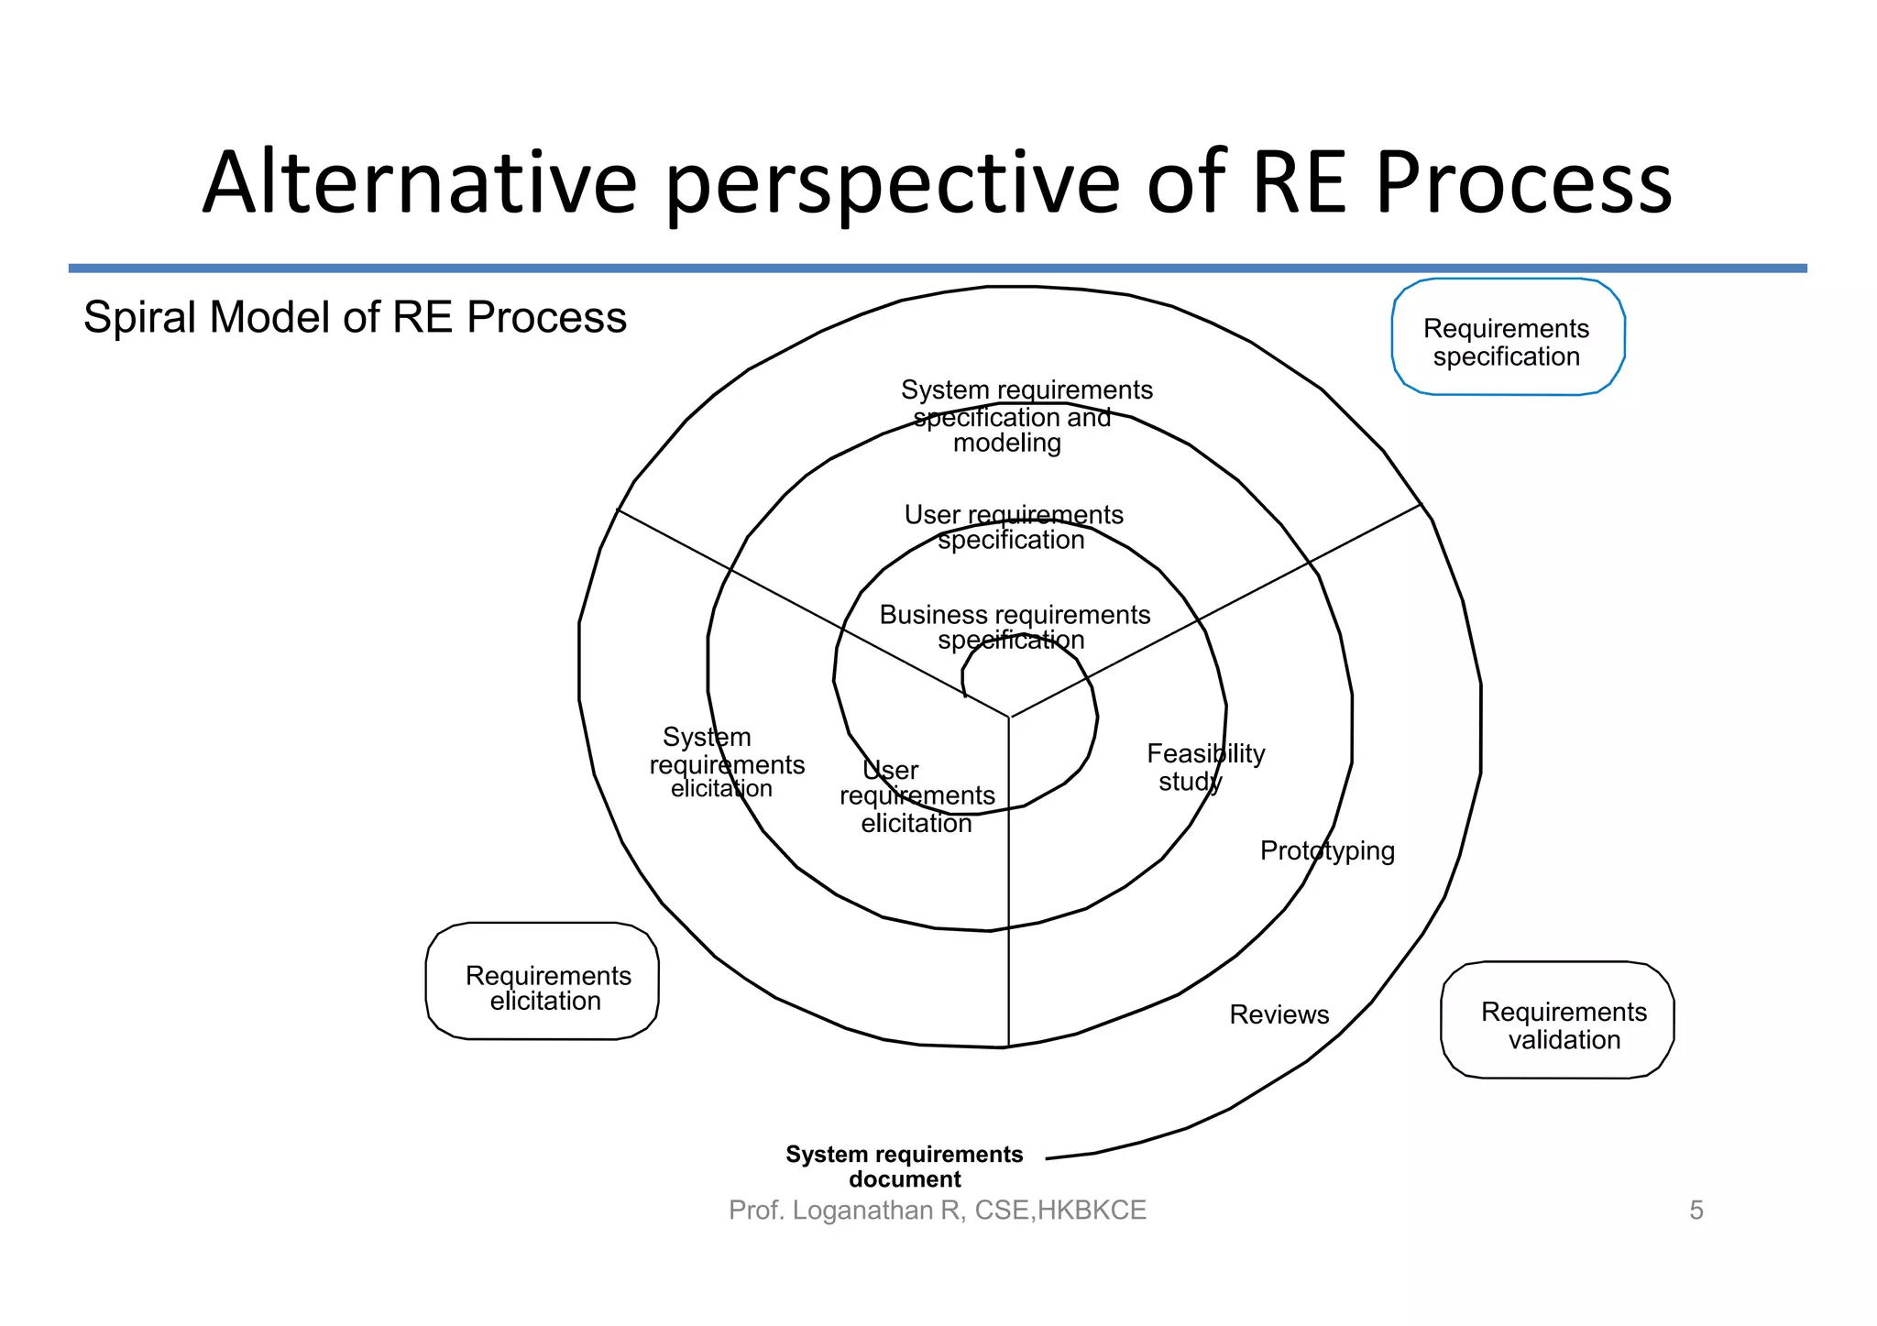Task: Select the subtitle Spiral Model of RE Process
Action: pyautogui.click(x=355, y=317)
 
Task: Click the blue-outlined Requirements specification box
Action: pyautogui.click(x=1508, y=337)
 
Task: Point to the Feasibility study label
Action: pyautogui.click(x=1204, y=767)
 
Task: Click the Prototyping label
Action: pyautogui.click(x=1326, y=850)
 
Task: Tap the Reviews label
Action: pyautogui.click(x=1279, y=1014)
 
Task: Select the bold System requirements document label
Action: pyautogui.click(x=904, y=1167)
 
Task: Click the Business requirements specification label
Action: pyautogui.click(x=1014, y=627)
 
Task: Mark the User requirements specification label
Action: pyautogui.click(x=1013, y=527)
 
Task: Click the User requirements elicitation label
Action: pyautogui.click(x=917, y=796)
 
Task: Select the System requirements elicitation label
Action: pyautogui.click(x=725, y=762)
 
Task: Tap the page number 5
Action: pyautogui.click(x=1696, y=1211)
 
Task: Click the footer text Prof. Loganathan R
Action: pyautogui.click(x=936, y=1211)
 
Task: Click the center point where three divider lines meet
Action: pyautogui.click(x=1009, y=718)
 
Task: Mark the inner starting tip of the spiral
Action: pyautogui.click(x=966, y=696)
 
